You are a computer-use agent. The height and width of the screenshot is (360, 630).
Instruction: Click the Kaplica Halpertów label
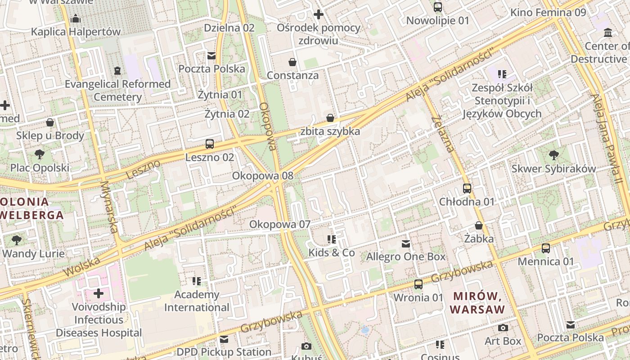pos(76,32)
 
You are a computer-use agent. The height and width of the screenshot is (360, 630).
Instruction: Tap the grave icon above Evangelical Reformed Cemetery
pos(117,71)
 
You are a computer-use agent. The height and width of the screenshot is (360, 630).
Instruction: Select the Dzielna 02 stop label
pos(229,28)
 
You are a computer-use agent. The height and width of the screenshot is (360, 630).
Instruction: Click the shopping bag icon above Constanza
pos(292,62)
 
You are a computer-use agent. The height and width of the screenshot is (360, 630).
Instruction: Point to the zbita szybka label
pos(330,131)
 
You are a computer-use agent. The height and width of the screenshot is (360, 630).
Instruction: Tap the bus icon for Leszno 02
pos(210,144)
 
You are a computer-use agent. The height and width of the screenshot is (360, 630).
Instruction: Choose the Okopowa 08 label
pos(262,176)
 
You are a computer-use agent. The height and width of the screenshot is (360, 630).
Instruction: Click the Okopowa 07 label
pos(280,224)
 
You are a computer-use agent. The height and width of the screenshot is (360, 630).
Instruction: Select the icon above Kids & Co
pos(332,239)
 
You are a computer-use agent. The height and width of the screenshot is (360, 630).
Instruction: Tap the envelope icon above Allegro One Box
pos(406,243)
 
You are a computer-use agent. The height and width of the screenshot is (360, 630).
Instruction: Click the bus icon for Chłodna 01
pos(467,188)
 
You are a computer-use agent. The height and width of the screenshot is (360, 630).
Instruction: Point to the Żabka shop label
pos(479,238)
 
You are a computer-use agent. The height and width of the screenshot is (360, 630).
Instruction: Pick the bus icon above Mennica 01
pos(546,248)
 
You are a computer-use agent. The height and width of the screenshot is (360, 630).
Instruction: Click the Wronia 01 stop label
pos(418,297)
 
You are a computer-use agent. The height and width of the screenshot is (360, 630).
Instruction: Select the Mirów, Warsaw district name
pos(477,303)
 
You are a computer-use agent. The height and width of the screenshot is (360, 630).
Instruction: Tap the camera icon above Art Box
pos(503,328)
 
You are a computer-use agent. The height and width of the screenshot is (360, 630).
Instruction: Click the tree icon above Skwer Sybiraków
pos(553,155)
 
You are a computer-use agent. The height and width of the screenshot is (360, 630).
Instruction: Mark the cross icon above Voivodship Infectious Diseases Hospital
pos(99,294)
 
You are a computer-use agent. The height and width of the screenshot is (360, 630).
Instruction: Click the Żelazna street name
pos(442,134)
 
